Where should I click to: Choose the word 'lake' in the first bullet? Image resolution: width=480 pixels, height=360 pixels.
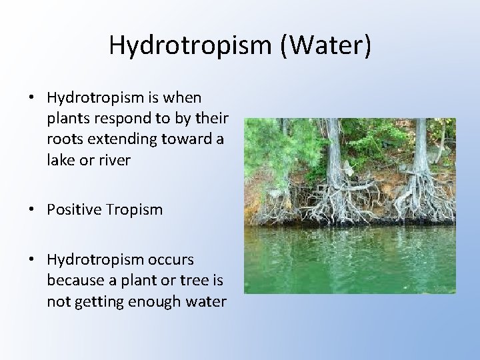click(x=60, y=160)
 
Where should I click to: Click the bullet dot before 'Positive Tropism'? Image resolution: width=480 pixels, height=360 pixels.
click(x=32, y=210)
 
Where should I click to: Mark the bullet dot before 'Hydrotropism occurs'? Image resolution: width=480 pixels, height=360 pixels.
click(x=32, y=260)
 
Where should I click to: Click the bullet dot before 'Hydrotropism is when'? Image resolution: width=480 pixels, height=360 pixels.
click(x=32, y=98)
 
